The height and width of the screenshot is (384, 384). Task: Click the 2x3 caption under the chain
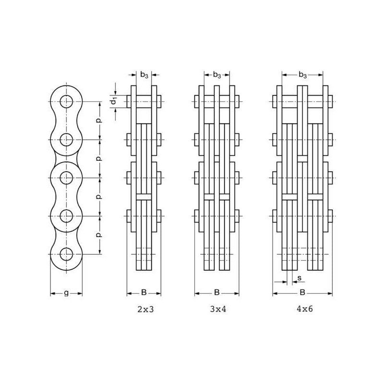click(x=145, y=309)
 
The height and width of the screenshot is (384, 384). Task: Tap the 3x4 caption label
click(x=218, y=309)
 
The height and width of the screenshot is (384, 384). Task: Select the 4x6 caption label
click(x=305, y=309)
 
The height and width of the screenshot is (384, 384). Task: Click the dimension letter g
click(x=66, y=293)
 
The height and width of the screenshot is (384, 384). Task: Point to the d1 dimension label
click(x=114, y=101)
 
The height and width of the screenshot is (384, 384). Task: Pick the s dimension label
click(x=299, y=278)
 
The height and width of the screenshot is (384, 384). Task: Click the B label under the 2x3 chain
click(x=144, y=292)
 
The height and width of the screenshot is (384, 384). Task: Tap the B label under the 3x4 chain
click(x=217, y=292)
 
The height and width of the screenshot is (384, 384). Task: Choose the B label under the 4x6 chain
click(x=302, y=292)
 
